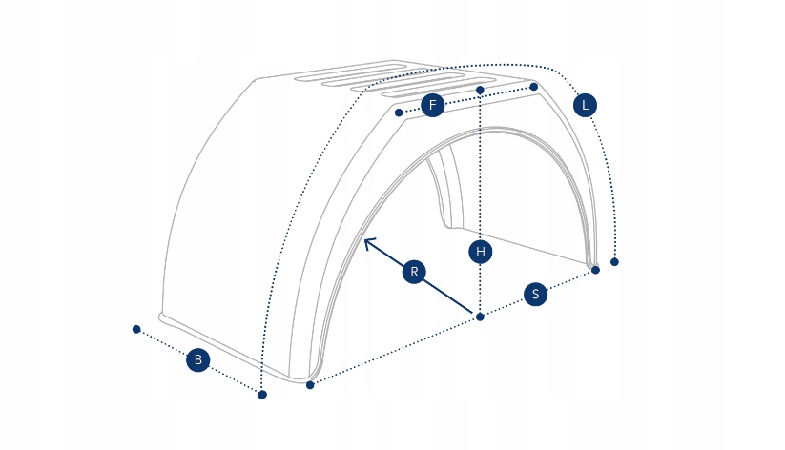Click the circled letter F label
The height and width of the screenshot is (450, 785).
click(432, 105)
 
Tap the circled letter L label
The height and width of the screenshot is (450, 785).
click(585, 105)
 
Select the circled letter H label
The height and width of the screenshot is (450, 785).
click(482, 253)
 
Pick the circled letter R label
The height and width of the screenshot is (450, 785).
click(414, 272)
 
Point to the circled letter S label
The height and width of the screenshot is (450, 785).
click(536, 295)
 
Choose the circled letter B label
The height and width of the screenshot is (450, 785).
click(197, 359)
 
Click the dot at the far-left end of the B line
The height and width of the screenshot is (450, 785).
click(136, 329)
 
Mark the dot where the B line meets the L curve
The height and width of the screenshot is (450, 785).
click(262, 394)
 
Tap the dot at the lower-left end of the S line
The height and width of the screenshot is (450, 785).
click(310, 385)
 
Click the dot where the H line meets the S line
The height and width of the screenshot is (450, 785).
click(480, 317)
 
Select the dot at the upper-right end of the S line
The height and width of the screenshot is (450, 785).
click(595, 270)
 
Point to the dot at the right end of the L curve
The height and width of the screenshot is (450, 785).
click(614, 261)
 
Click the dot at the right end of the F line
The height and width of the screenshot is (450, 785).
click(533, 87)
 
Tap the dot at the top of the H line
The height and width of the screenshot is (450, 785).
click(480, 91)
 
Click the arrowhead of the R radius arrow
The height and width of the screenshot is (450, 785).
click(366, 240)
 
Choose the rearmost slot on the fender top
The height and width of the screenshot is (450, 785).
click(343, 69)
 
